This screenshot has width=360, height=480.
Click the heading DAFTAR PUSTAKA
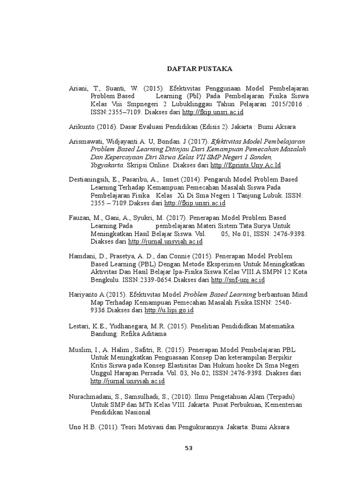tap(200, 68)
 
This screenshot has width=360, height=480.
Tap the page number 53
tap(188, 448)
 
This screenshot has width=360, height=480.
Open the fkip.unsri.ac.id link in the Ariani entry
tap(213, 112)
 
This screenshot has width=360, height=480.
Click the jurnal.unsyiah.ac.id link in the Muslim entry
tap(127, 382)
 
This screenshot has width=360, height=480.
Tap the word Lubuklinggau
tap(206, 105)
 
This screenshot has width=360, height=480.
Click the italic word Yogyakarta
tap(106, 165)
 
